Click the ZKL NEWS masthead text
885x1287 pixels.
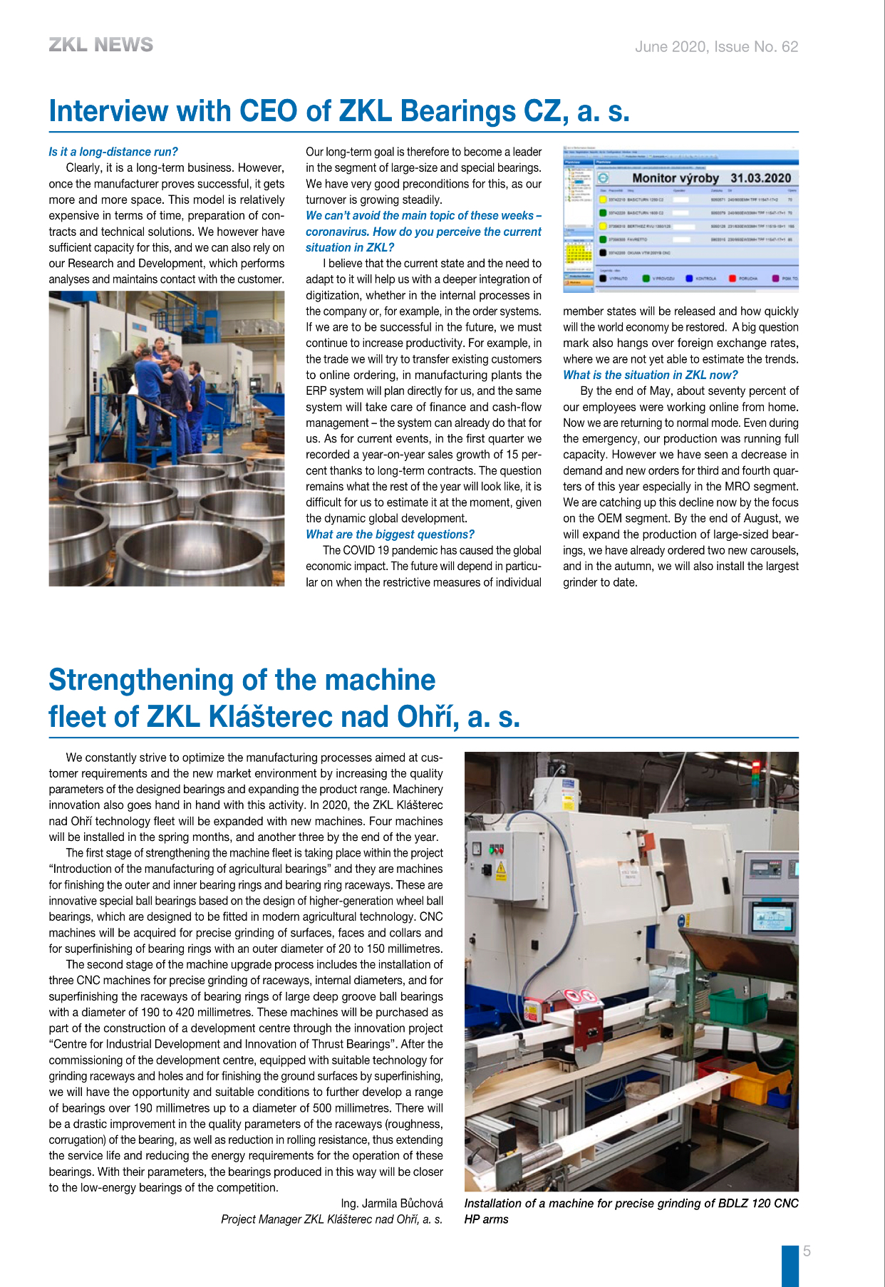(x=100, y=45)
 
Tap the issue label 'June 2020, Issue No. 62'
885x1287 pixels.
(x=716, y=47)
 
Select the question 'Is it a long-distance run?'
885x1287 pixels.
(x=113, y=152)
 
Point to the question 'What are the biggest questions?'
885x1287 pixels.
(x=390, y=534)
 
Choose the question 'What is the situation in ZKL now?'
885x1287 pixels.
(x=650, y=375)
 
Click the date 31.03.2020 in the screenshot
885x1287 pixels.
(x=760, y=178)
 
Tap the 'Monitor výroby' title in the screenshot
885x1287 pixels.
(x=674, y=178)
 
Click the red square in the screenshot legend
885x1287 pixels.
(x=732, y=278)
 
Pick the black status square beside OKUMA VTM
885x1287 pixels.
(x=603, y=252)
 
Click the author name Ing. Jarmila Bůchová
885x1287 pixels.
(x=391, y=1204)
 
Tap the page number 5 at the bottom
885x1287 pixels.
(x=807, y=1251)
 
